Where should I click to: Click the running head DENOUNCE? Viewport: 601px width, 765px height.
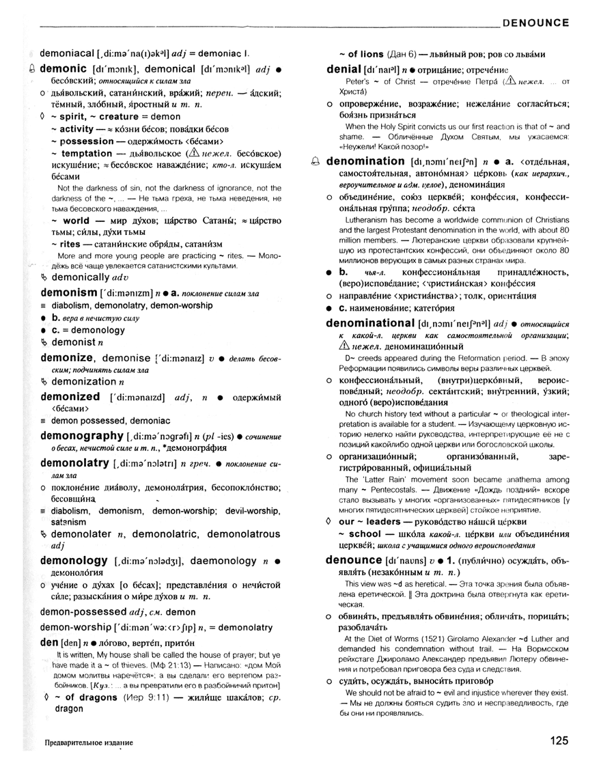point(535,23)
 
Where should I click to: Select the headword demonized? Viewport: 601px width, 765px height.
point(70,396)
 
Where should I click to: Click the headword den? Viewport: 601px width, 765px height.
point(49,643)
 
